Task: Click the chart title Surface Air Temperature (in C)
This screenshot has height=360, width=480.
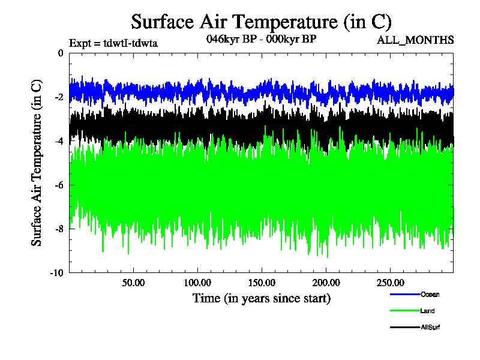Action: point(261,22)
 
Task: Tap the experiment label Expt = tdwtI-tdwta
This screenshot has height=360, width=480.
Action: point(113,43)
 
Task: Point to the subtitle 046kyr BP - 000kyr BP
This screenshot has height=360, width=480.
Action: point(261,39)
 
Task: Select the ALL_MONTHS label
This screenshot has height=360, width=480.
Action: point(415,40)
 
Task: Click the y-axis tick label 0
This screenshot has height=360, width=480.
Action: point(61,53)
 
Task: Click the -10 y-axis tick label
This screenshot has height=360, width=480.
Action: point(57,273)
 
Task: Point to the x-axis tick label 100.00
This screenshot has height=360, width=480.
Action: point(197,283)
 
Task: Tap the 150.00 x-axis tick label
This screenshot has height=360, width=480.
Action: point(262,283)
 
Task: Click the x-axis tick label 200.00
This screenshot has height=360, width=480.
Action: point(326,283)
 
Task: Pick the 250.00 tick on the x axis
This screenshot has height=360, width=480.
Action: point(389,283)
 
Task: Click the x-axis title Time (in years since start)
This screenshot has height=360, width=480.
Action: point(261,298)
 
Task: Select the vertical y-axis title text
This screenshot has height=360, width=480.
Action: point(37,163)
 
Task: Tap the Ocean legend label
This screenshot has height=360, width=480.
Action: point(430,294)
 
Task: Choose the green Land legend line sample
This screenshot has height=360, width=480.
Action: point(404,311)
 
